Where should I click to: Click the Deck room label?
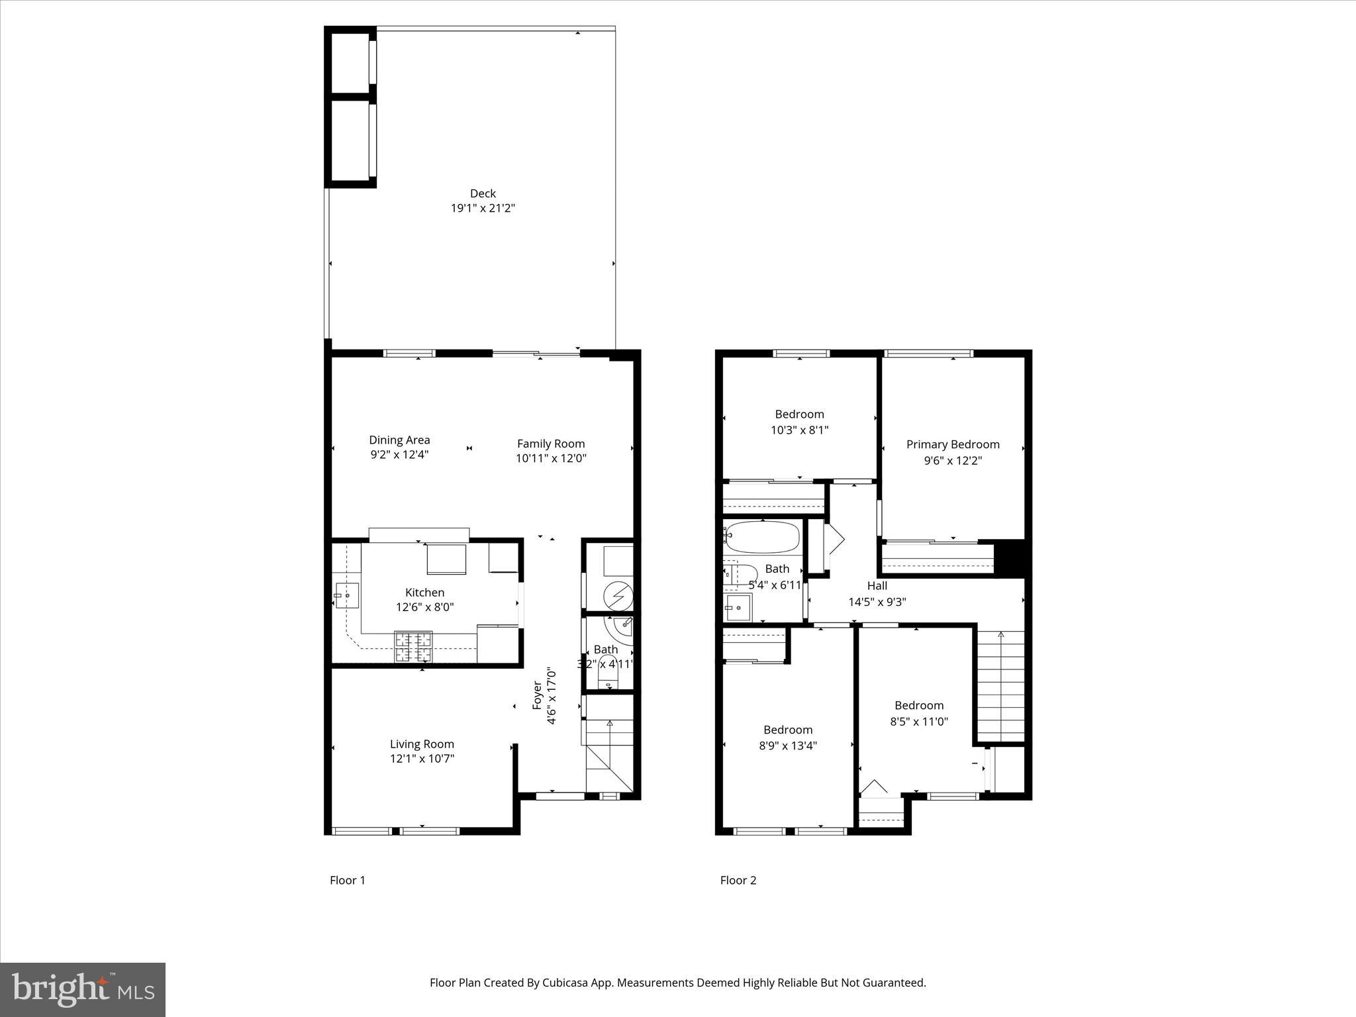[483, 193]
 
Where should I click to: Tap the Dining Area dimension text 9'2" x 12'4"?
[399, 455]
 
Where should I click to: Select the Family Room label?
[551, 444]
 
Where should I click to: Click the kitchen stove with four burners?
[413, 647]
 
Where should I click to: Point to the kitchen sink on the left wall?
[346, 595]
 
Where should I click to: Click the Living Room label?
[422, 744]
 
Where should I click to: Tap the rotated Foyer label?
[538, 697]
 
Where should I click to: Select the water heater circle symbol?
[618, 595]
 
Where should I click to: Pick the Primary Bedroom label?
[953, 444]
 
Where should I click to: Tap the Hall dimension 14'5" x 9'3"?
[877, 602]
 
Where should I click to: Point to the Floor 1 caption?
[348, 880]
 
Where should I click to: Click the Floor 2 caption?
[738, 880]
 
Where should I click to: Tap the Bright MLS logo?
[83, 989]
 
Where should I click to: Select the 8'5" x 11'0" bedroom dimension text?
[919, 722]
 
